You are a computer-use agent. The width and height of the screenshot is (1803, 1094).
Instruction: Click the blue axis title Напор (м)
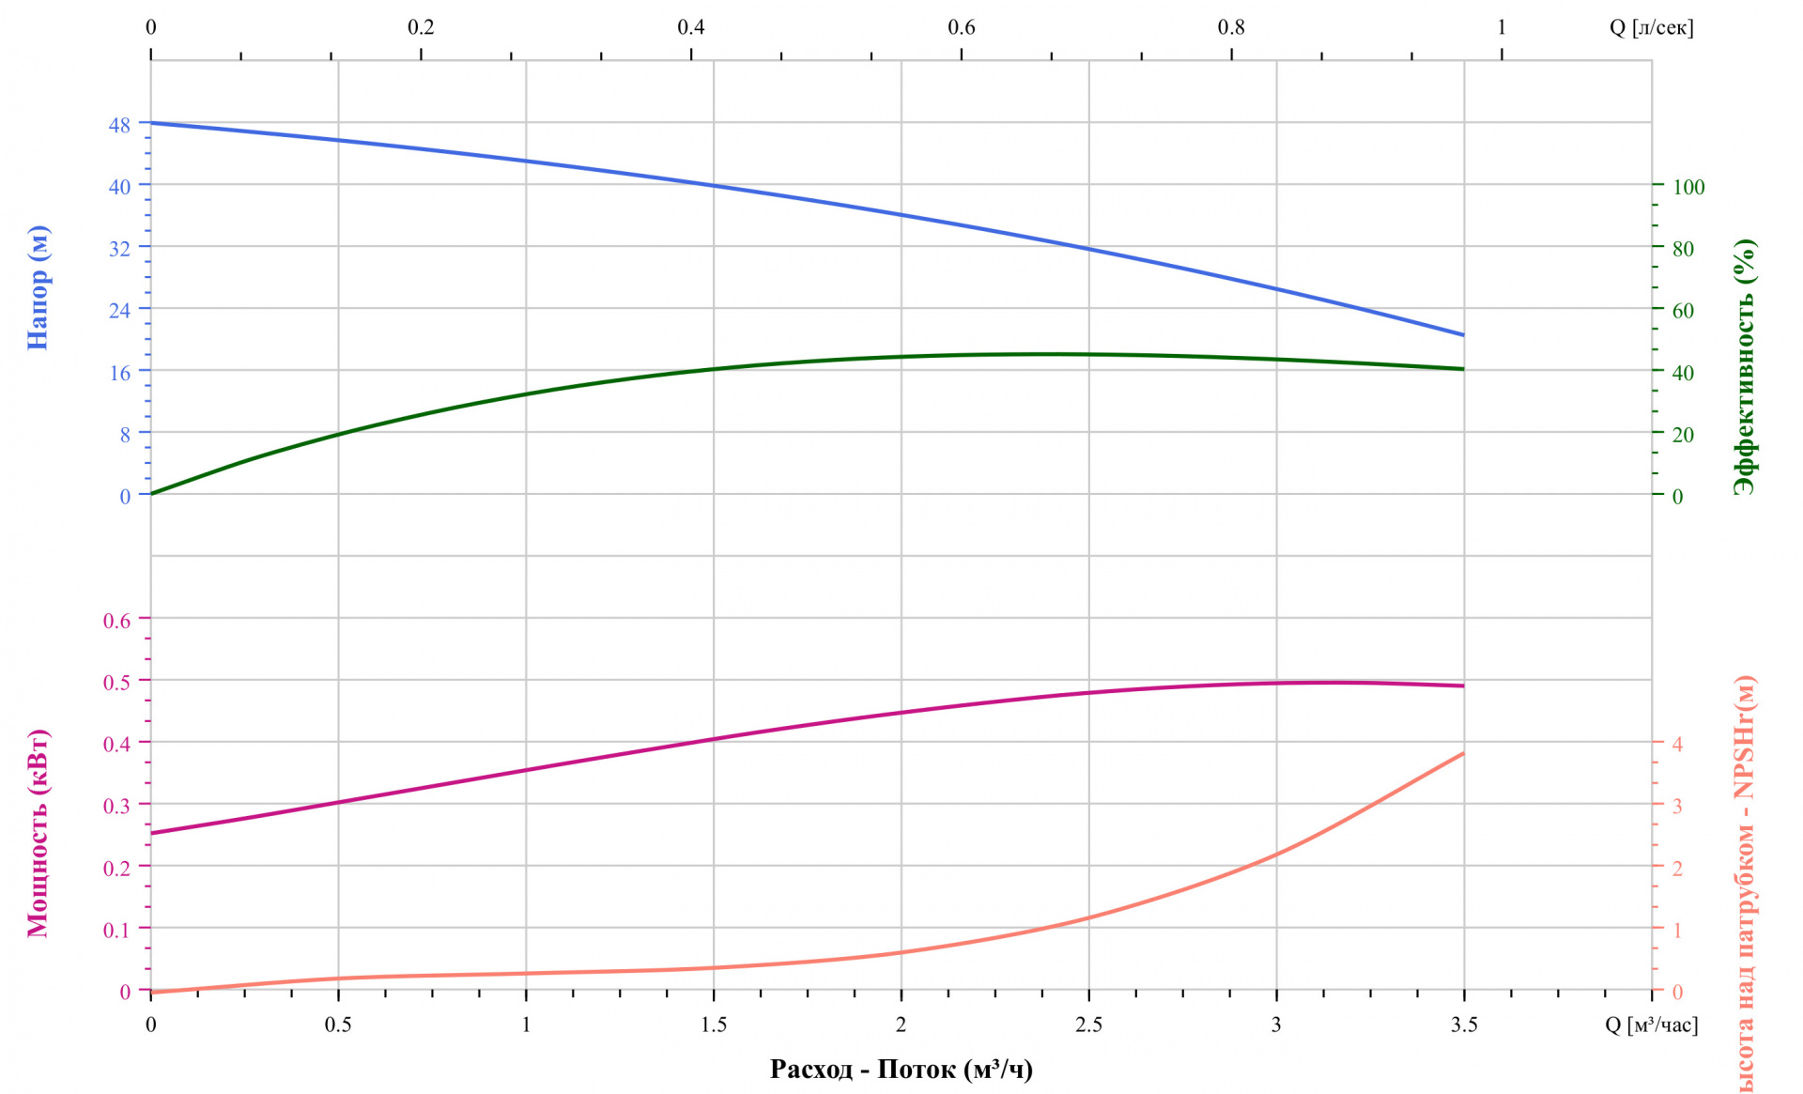(x=38, y=287)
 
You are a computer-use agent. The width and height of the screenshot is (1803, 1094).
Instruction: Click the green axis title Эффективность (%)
(x=1745, y=366)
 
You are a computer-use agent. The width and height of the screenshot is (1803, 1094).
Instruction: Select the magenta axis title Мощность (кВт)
(x=38, y=833)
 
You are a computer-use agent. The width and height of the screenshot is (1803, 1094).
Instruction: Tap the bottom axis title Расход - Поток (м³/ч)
(x=901, y=1069)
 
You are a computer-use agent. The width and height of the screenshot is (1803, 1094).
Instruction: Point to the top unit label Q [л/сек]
(x=1651, y=27)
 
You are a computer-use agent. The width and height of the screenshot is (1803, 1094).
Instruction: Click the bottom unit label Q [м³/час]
(x=1651, y=1025)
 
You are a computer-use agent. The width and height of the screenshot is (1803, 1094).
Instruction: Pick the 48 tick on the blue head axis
(x=120, y=124)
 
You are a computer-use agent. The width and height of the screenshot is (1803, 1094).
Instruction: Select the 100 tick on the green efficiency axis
(x=1688, y=187)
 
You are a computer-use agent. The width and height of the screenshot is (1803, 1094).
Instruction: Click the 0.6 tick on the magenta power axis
(x=117, y=620)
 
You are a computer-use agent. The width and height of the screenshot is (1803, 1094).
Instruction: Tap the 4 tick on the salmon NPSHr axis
(x=1677, y=744)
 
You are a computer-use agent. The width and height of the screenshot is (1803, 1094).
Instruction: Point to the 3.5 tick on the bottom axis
(x=1464, y=1025)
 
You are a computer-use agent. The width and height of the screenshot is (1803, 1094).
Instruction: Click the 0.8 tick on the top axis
(x=1231, y=27)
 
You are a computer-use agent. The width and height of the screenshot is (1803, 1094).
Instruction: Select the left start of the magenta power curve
(x=151, y=833)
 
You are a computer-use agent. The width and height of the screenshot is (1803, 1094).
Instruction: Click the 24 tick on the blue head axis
(x=120, y=310)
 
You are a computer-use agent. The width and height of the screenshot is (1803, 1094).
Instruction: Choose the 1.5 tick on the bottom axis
(x=714, y=1025)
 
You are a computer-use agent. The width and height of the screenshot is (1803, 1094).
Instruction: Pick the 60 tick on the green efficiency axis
(x=1683, y=311)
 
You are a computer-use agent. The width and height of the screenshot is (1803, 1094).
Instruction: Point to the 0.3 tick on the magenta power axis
(x=117, y=806)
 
